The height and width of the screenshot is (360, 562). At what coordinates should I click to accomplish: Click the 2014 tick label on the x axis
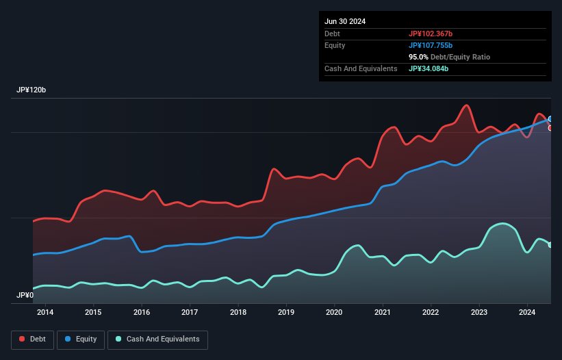point(45,313)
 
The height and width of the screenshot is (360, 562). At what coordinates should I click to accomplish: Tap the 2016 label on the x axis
point(142,313)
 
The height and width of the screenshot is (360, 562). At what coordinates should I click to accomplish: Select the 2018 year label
point(238,313)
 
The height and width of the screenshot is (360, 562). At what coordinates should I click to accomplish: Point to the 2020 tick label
point(335,313)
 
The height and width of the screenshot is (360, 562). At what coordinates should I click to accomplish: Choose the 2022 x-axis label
point(431,313)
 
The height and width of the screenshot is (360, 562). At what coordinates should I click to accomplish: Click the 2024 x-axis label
point(527,313)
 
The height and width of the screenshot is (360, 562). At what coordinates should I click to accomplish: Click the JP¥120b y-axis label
point(31,90)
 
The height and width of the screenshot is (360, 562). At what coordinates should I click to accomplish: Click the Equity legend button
point(81,339)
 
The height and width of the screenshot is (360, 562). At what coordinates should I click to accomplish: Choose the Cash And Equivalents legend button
point(157,339)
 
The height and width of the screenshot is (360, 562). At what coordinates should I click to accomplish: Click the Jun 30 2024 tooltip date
point(345,21)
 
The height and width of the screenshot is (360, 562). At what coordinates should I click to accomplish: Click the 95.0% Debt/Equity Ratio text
point(449,57)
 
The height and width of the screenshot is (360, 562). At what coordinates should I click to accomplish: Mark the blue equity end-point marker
point(550,119)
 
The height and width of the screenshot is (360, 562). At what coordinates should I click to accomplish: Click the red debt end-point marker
point(550,128)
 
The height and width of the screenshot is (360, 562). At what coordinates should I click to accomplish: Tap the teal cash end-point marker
point(550,244)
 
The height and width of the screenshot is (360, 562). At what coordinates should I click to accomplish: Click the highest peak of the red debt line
point(467,105)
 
